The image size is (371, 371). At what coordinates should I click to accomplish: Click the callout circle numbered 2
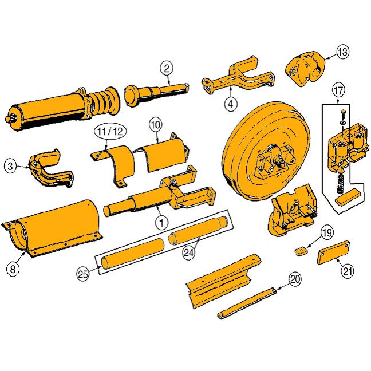click(167, 68)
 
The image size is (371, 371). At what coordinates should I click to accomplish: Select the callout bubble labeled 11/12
click(110, 132)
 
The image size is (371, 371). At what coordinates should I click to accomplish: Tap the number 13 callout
click(343, 52)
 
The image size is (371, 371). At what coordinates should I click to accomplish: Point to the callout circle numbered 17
click(338, 90)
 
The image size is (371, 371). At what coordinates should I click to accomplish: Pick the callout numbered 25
click(83, 274)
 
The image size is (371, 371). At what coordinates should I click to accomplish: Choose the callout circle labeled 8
click(13, 269)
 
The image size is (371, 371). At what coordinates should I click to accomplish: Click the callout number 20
click(295, 279)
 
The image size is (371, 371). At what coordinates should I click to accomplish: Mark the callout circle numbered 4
click(231, 104)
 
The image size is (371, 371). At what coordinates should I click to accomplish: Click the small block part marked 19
click(301, 251)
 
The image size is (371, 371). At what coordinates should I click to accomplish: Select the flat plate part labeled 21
click(333, 252)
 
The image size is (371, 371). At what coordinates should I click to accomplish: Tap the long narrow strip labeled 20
click(247, 303)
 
